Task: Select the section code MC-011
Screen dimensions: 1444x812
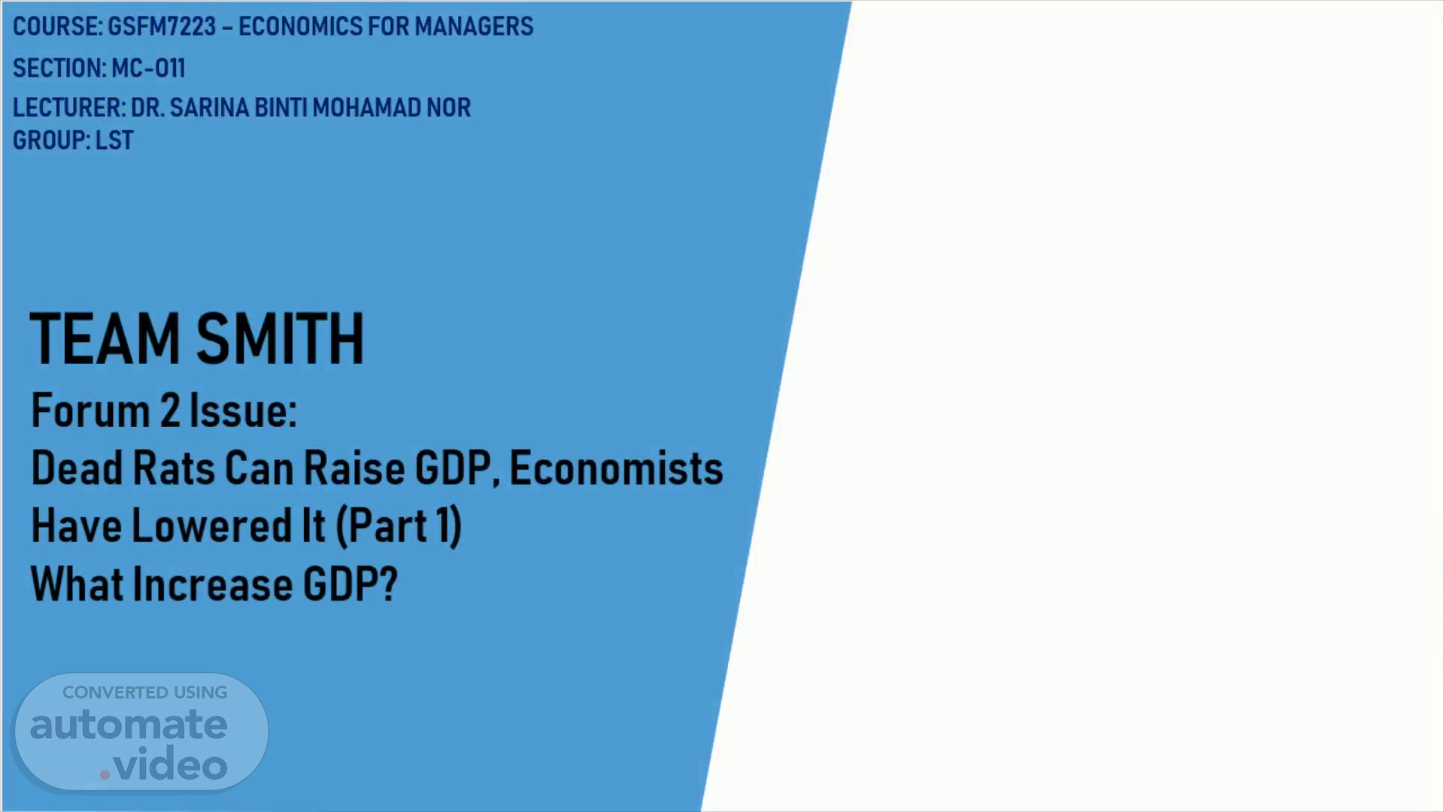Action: click(148, 68)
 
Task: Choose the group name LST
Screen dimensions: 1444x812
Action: click(114, 141)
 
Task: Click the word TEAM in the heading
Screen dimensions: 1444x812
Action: click(105, 339)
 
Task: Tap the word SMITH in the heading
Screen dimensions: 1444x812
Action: click(280, 339)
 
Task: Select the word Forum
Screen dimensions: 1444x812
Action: click(90, 411)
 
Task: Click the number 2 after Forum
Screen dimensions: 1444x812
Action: click(169, 411)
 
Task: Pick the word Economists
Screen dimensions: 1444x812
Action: click(616, 468)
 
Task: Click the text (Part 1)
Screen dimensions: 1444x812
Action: click(399, 525)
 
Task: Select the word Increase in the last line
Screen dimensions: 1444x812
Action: click(212, 584)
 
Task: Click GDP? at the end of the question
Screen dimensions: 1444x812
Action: click(350, 584)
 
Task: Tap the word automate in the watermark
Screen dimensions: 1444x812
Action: click(129, 725)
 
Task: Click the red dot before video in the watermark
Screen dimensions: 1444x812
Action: click(105, 774)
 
